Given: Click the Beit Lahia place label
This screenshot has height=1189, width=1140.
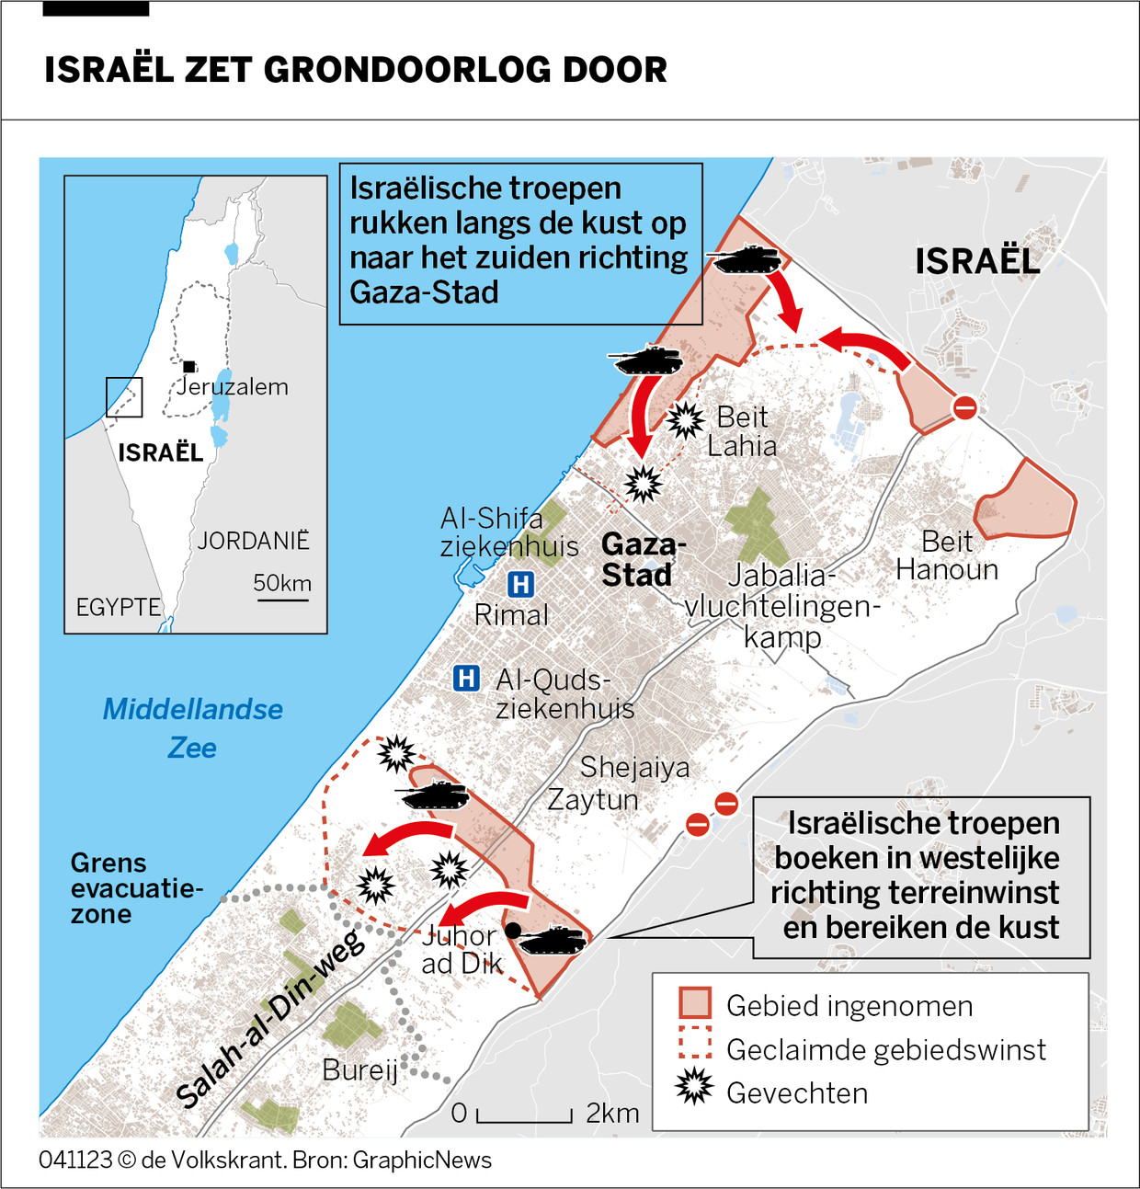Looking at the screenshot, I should click(742, 431).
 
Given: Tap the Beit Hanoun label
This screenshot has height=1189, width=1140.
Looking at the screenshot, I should click(947, 555).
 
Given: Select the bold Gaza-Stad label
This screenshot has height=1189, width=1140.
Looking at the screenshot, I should click(643, 559).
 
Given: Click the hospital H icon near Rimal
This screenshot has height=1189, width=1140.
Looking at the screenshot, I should click(520, 584).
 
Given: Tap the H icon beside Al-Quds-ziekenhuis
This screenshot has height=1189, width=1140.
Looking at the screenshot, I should click(466, 679).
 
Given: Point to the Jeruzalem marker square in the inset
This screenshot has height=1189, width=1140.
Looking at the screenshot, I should click(188, 366).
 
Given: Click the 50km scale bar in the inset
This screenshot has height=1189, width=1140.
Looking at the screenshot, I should click(283, 600).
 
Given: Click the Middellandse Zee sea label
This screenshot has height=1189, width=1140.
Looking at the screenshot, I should click(192, 727).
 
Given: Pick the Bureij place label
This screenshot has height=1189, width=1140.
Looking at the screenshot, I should click(359, 1070).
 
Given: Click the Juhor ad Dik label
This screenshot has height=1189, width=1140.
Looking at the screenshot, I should click(462, 949).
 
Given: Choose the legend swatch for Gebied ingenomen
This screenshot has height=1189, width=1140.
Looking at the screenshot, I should click(695, 1004).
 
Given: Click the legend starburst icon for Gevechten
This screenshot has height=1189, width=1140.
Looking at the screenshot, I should click(694, 1088).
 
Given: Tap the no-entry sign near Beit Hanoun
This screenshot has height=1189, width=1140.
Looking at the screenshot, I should click(964, 407).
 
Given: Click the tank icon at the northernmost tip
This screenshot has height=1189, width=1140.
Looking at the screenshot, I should click(747, 260).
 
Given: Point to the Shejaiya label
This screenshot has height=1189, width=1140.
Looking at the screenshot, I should click(634, 767).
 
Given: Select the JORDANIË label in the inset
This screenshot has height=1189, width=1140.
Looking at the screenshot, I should click(253, 541).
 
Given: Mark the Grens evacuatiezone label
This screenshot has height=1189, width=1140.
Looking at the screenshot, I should click(108, 888).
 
